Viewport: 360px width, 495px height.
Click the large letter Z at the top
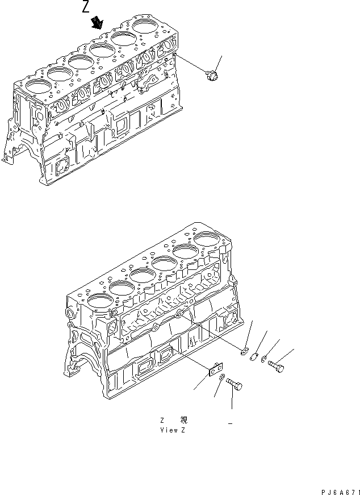(86, 7)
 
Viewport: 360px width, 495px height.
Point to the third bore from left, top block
(79, 61)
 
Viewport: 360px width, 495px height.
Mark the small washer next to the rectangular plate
(223, 378)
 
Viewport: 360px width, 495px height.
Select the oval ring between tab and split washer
(254, 357)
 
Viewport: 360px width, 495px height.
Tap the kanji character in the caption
(184, 420)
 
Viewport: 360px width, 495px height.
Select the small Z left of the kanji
(162, 420)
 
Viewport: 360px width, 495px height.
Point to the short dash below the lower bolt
(231, 423)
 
